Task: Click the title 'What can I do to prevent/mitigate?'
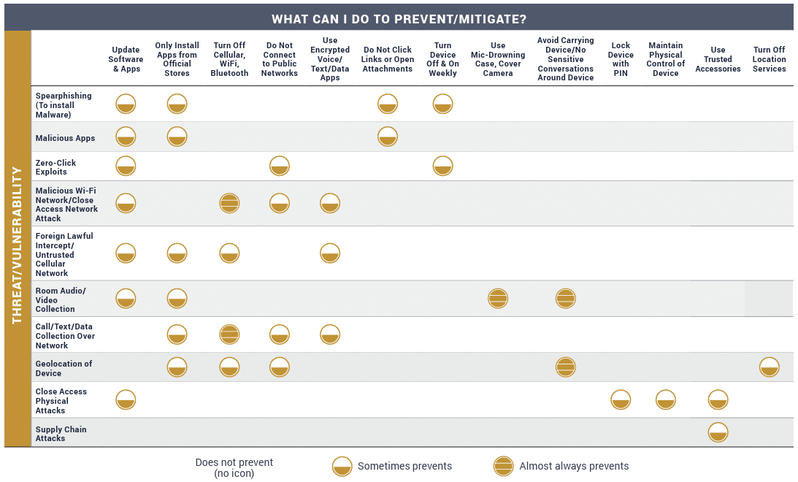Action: [399, 19]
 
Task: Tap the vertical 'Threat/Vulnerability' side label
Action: [18, 245]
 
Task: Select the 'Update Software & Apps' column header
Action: [126, 60]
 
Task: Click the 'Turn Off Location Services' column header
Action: [769, 60]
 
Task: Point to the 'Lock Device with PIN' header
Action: [621, 60]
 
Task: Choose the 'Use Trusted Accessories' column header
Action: [718, 60]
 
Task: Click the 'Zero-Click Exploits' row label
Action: [55, 167]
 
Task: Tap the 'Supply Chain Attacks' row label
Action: [61, 434]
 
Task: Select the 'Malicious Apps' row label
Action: [66, 138]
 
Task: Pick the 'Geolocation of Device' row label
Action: [64, 368]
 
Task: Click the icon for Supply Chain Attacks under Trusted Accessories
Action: [718, 432]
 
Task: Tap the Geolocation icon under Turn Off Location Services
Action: [769, 367]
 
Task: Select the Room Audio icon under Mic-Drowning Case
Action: [498, 298]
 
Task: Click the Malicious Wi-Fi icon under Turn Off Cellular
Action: [229, 203]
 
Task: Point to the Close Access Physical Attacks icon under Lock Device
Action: [621, 399]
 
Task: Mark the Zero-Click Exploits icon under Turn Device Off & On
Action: [442, 166]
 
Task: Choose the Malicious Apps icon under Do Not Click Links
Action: [388, 137]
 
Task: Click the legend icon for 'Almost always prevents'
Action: [503, 466]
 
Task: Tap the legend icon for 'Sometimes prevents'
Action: [342, 466]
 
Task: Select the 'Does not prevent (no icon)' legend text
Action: [234, 467]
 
